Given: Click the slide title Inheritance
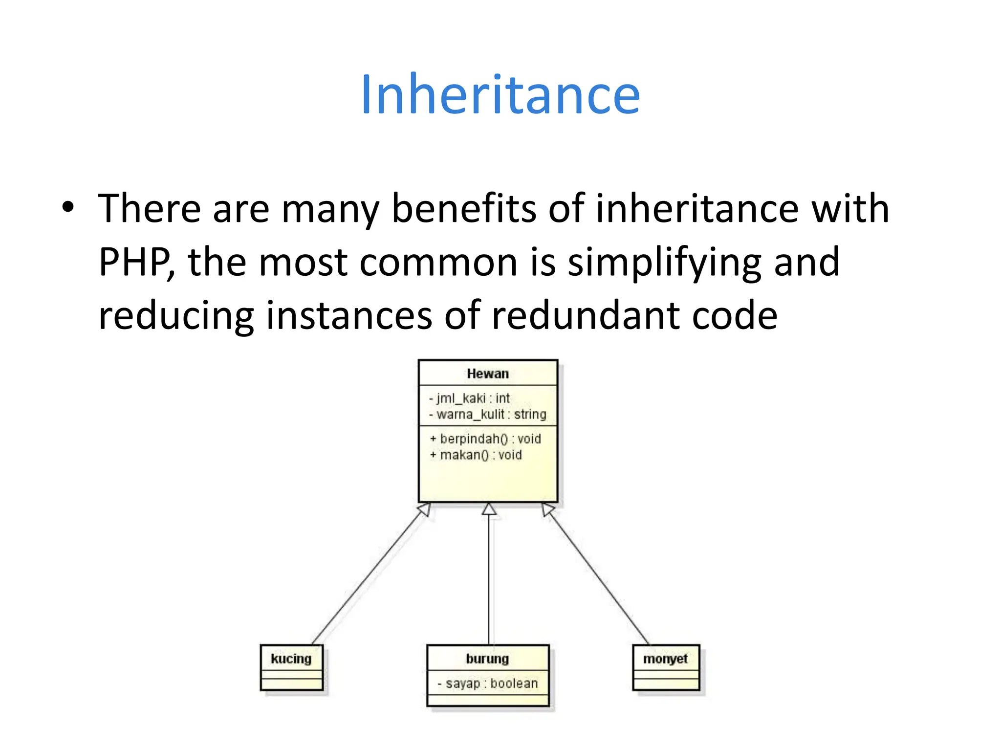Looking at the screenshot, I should [500, 94].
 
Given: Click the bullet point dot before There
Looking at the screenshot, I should [68, 207].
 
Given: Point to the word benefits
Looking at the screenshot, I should [464, 209].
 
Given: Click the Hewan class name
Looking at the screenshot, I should [488, 374].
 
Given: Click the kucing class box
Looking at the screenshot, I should [292, 667].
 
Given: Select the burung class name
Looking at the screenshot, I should [487, 659].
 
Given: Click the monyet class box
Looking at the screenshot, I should [666, 667].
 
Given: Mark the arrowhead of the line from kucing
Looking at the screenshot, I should [425, 509].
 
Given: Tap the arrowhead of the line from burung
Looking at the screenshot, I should [489, 509].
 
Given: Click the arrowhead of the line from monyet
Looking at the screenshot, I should [548, 509].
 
